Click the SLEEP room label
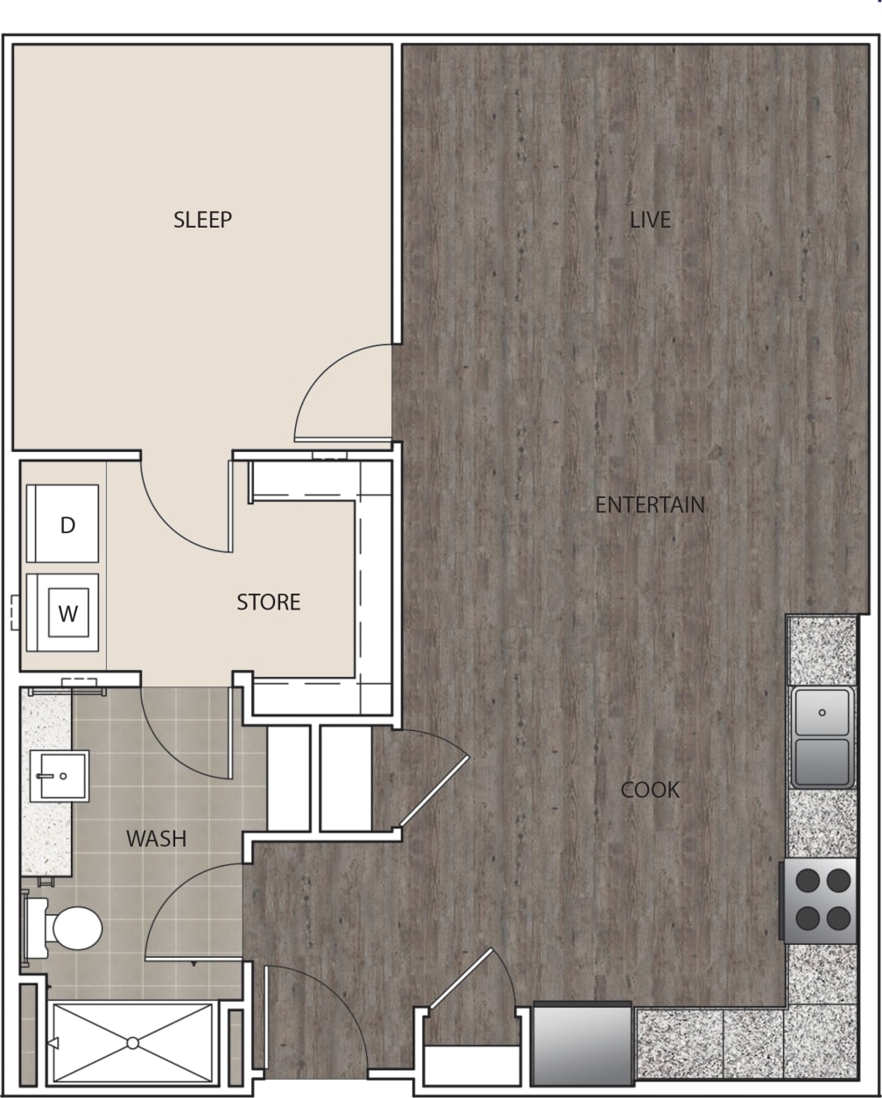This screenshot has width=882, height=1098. pos(202,220)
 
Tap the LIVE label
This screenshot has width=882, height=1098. pos(650,220)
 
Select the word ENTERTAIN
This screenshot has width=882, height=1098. pos(649,505)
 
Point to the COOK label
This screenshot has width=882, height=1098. pos(649,791)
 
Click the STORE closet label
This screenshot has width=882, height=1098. pos(269,602)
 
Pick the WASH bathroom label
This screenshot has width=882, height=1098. pos(157,839)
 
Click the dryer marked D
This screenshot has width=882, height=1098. pos(67,524)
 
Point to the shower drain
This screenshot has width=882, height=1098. pos(132,1043)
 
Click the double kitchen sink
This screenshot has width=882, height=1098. pos(822,736)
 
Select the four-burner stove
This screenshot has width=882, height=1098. pos(820,900)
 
